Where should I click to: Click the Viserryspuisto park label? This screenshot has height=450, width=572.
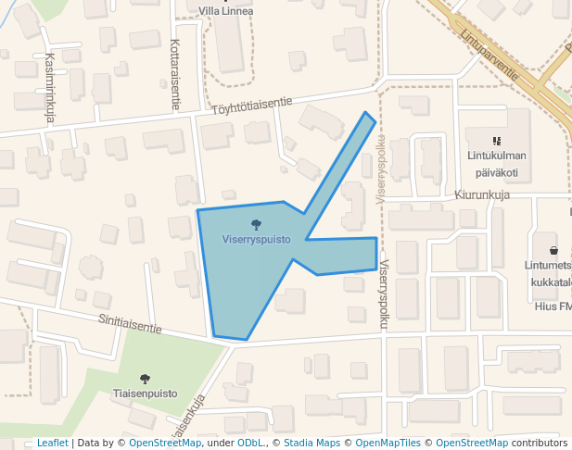pos(257,239)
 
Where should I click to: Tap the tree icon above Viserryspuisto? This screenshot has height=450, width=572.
pos(256,224)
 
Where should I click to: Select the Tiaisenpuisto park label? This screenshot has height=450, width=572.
pos(145,394)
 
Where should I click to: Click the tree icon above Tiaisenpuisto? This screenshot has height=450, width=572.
pos(145,379)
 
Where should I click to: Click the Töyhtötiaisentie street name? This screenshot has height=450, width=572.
pos(252,106)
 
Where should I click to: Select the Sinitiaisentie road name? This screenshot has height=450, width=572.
pos(131,323)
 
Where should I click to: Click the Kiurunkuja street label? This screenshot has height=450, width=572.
pos(483,195)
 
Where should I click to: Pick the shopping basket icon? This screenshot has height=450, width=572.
pos(553,250)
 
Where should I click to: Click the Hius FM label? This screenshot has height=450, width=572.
pos(553,306)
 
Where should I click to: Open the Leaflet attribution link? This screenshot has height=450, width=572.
pos(53,443)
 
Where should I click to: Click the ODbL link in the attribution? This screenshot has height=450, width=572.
pos(250,443)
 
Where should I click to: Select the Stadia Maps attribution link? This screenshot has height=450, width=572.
pos(311,443)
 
